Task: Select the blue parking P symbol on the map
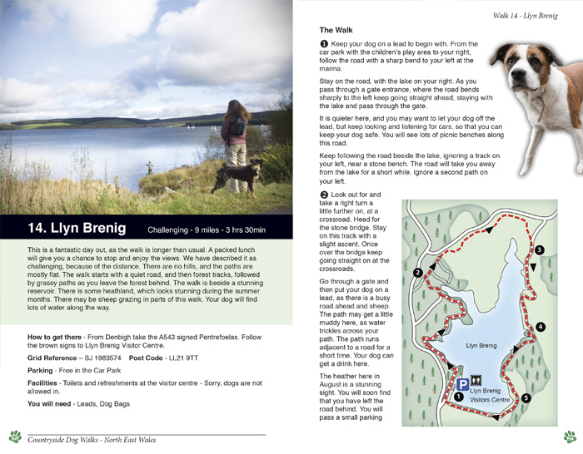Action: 461,384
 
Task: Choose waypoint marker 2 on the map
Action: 417,272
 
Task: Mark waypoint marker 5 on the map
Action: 526,398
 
